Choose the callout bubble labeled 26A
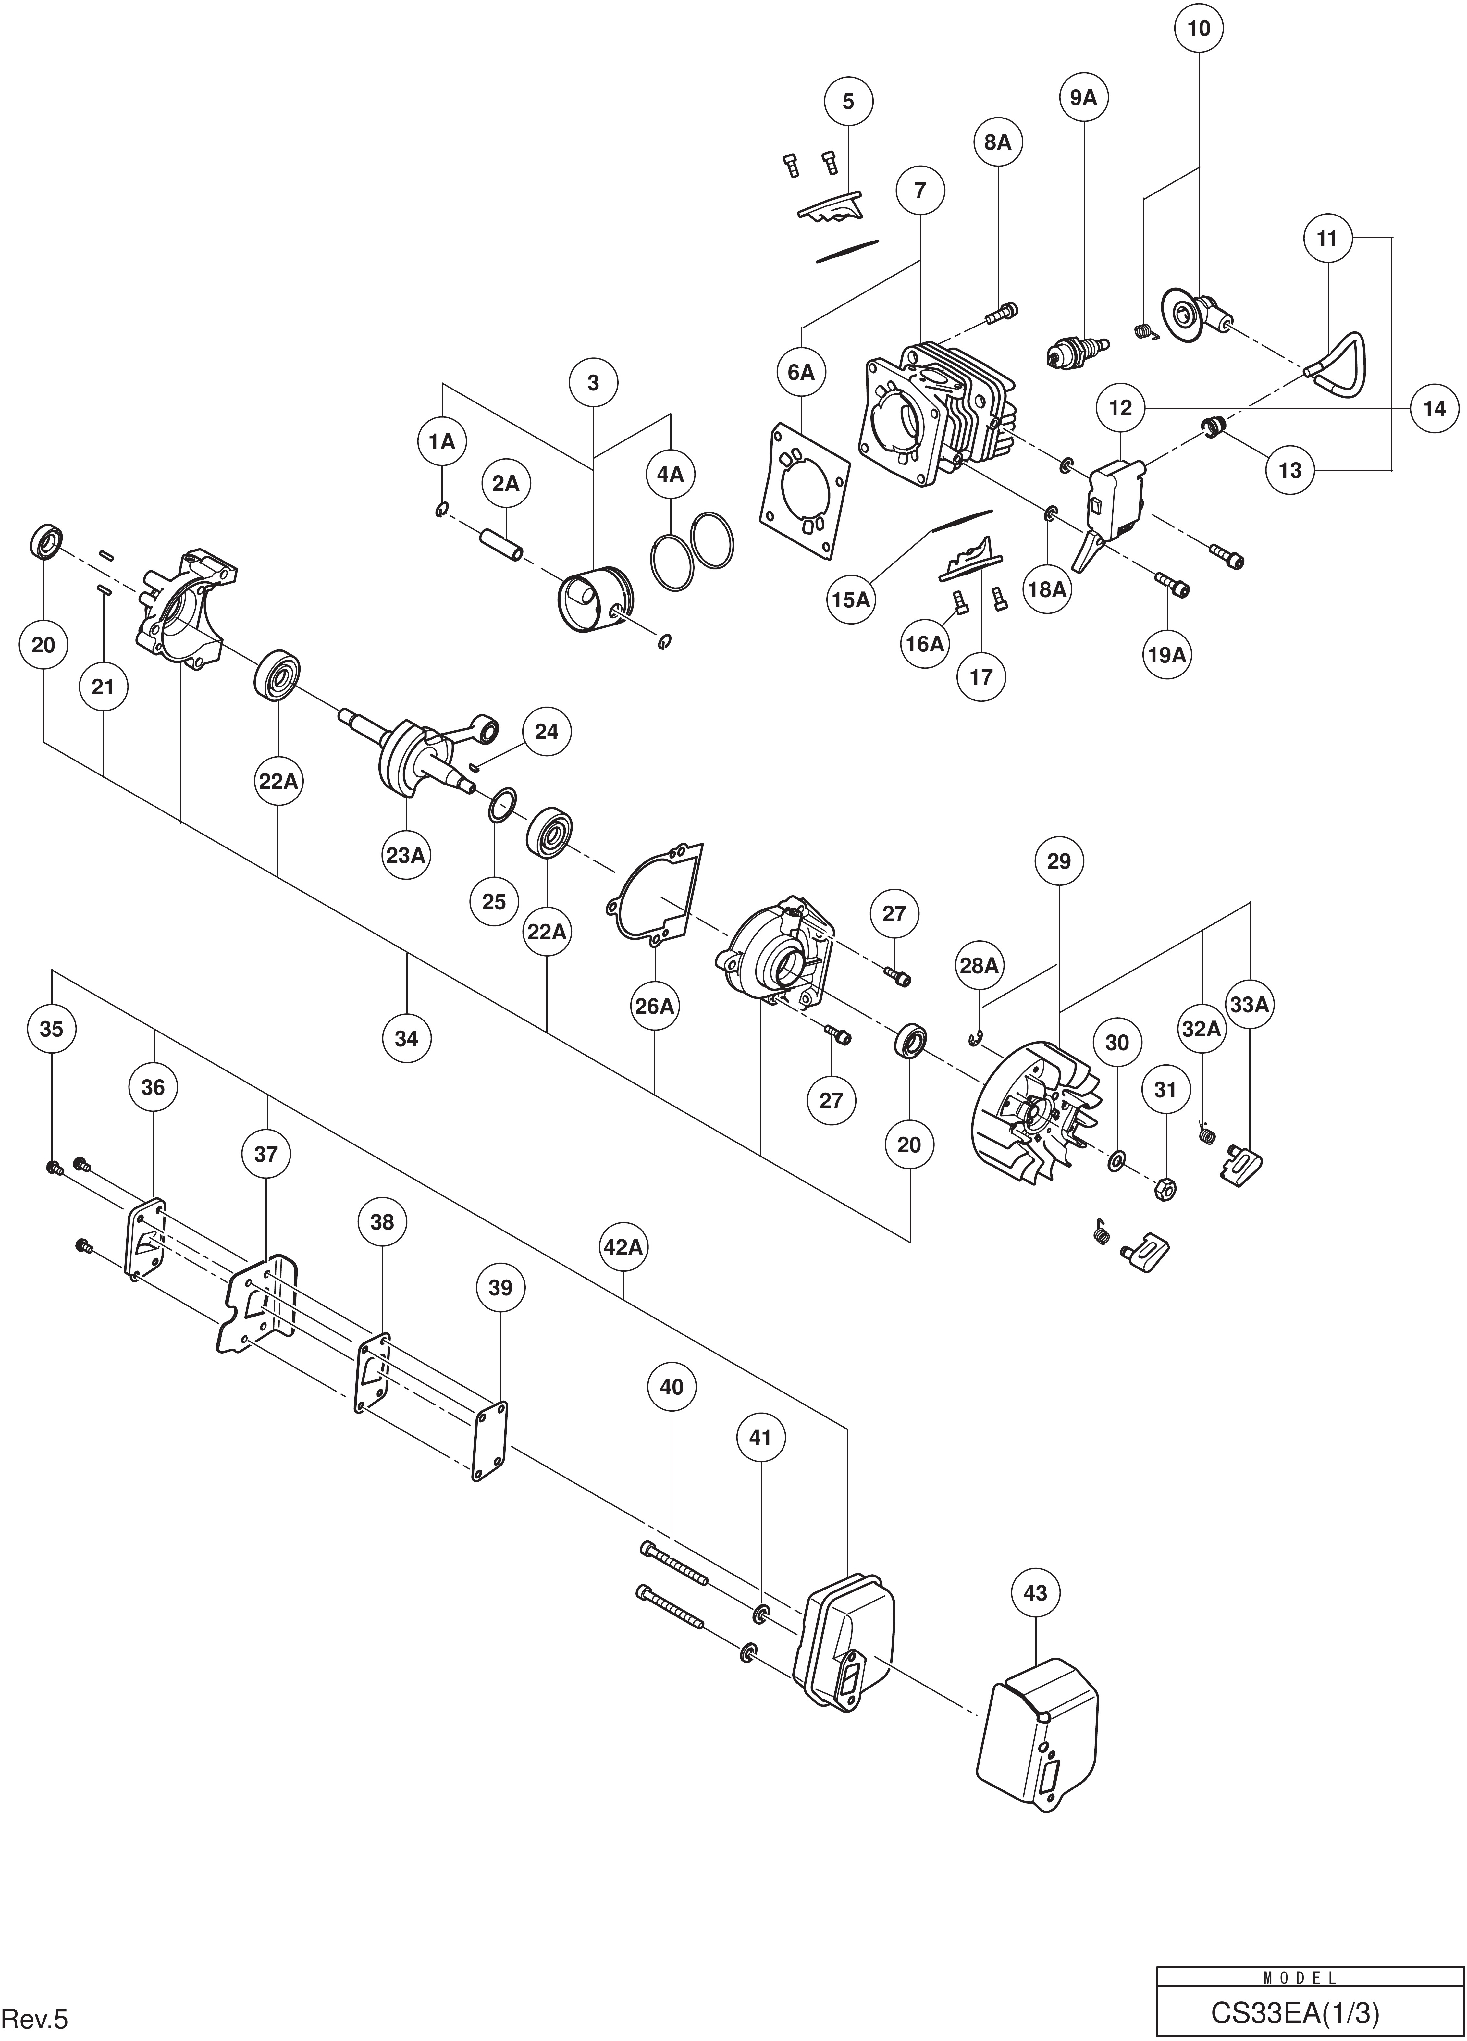point(654,1005)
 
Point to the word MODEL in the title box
point(1301,1971)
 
